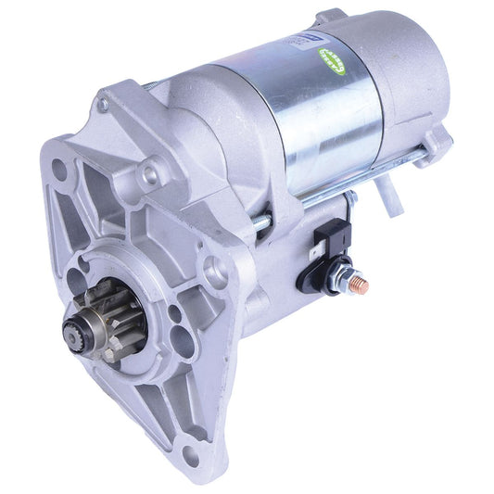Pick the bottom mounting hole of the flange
coord(191,452)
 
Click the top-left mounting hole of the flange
coord(60,171)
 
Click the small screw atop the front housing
coord(103,105)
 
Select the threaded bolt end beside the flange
coord(263,222)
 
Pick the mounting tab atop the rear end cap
coord(329,17)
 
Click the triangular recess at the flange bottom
coord(167,408)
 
